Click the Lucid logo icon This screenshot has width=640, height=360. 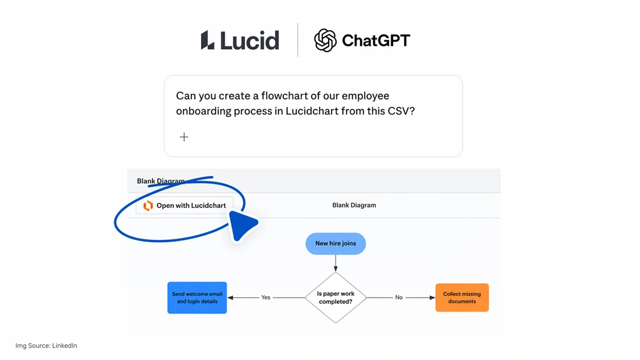207,40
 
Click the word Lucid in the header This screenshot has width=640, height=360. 250,41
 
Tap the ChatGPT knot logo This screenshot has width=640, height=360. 325,40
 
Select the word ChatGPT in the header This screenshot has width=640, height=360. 376,41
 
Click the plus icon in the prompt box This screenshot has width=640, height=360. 184,137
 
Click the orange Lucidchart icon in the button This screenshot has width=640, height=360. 148,206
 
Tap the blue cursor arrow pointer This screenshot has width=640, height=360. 242,225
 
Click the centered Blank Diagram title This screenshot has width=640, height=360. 354,206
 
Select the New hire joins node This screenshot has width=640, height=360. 336,243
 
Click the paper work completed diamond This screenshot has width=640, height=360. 336,297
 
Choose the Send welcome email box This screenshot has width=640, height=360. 197,297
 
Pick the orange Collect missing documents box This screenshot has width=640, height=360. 462,297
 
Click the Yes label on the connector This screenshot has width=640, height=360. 265,297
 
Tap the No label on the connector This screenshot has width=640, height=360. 399,297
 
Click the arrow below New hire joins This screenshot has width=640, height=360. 336,262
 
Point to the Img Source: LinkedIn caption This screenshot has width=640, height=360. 46,345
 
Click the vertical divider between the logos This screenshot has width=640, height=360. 298,40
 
